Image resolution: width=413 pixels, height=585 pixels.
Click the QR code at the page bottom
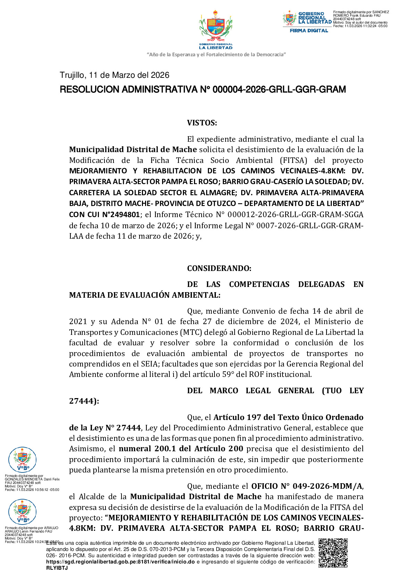click(333, 553)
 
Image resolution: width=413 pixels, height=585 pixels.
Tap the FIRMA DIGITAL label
click(309, 31)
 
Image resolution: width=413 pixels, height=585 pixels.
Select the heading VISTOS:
click(202, 123)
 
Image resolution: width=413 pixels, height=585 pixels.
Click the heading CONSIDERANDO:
click(219, 268)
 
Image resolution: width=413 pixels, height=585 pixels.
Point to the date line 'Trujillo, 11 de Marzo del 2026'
click(114, 75)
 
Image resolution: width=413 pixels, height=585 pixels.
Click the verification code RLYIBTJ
click(57, 568)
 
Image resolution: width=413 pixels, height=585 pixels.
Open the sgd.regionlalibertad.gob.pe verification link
click(120, 562)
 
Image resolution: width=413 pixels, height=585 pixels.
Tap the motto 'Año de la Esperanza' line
click(216, 55)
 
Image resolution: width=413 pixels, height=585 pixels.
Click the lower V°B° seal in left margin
click(22, 512)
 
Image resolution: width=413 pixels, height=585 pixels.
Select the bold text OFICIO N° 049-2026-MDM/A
click(307, 486)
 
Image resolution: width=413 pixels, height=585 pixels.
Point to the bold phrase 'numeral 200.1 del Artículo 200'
click(181, 449)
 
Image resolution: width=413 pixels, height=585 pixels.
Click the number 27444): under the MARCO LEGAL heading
click(84, 401)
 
